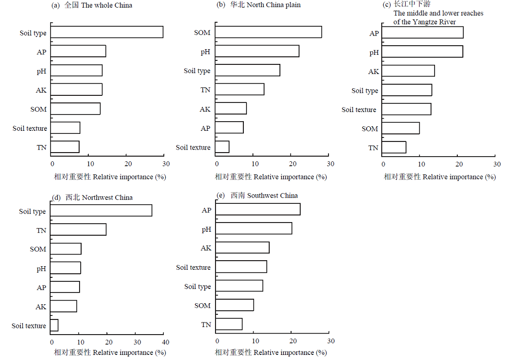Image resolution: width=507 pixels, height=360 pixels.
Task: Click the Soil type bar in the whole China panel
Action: (x=106, y=32)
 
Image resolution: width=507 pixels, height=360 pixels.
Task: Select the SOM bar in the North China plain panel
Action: (x=268, y=32)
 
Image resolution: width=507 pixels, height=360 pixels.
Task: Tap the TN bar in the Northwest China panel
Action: (x=78, y=229)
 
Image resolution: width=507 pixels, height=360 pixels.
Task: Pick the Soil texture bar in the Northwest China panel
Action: (x=54, y=325)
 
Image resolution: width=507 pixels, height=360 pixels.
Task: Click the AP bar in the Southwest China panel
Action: (x=258, y=209)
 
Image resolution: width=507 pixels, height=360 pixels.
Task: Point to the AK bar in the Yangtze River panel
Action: (x=408, y=71)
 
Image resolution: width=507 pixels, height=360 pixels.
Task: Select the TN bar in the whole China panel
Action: (x=65, y=147)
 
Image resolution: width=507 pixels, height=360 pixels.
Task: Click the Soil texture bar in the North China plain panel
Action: (x=222, y=147)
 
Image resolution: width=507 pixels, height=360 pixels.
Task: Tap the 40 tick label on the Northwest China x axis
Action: (x=166, y=342)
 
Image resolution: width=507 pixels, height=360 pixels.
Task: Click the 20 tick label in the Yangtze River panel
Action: (x=459, y=164)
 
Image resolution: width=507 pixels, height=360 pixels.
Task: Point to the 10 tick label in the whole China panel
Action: (x=91, y=164)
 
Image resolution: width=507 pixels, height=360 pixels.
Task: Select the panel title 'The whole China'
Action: (x=106, y=5)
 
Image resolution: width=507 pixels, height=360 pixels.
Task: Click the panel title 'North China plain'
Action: (x=274, y=5)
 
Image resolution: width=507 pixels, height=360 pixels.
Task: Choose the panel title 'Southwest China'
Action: (x=272, y=195)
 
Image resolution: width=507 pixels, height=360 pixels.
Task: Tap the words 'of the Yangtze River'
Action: (x=424, y=22)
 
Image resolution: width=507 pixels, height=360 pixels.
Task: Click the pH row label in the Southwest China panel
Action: (x=206, y=229)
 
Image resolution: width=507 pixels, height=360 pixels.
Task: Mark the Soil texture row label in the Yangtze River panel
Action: (x=359, y=110)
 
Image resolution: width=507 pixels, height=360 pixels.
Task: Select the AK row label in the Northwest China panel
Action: (x=41, y=307)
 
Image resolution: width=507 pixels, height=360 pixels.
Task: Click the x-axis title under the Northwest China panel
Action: (x=110, y=352)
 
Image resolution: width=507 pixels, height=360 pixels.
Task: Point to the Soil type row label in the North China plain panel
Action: (x=197, y=71)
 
